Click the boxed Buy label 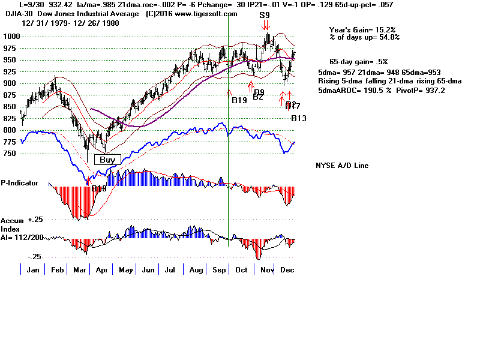point(107,160)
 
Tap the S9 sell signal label point(265,15)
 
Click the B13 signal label point(299,119)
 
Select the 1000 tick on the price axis point(10,37)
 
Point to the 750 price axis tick point(10,154)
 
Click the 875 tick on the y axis point(10,95)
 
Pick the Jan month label point(34,270)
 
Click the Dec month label point(287,270)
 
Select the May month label point(127,270)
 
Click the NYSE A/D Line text point(342,166)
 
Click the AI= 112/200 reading point(22,236)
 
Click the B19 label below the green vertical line point(239,100)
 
